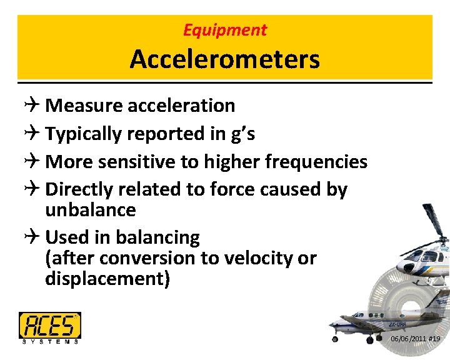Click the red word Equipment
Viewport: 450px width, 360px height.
pyautogui.click(x=224, y=29)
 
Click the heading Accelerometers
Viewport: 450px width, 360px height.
pyautogui.click(x=224, y=60)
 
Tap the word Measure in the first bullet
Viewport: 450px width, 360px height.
pyautogui.click(x=84, y=106)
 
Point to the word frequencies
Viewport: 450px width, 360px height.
pyautogui.click(x=316, y=162)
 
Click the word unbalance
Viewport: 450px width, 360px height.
pyautogui.click(x=90, y=210)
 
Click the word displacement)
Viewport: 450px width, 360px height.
pyautogui.click(x=107, y=279)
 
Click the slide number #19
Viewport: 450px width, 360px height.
pyautogui.click(x=434, y=339)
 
